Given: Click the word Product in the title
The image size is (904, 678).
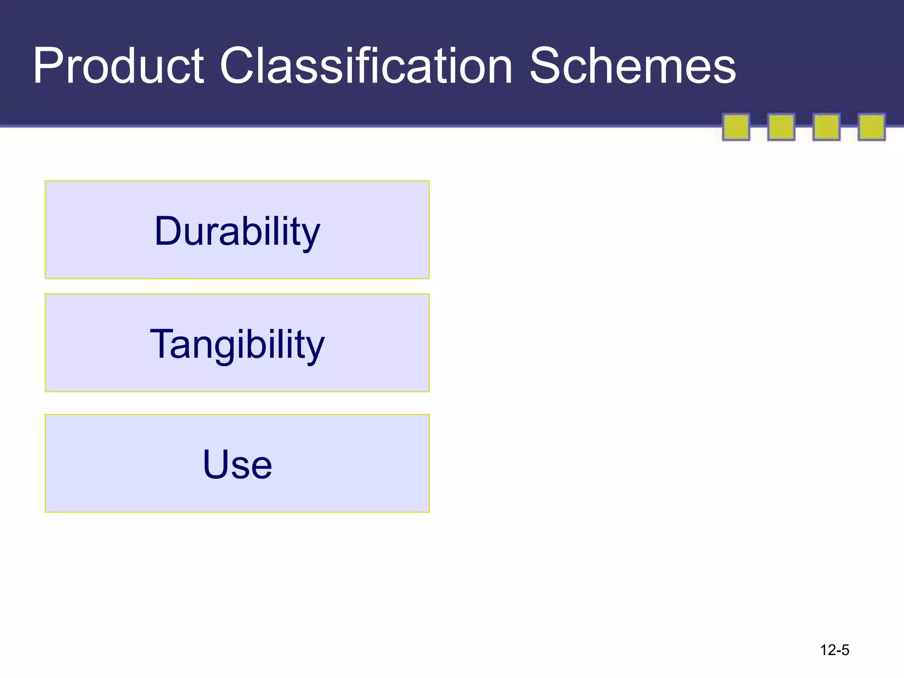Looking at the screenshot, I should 118,66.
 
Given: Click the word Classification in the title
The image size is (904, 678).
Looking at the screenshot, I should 366,66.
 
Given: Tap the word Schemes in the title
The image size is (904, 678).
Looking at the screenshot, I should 633,66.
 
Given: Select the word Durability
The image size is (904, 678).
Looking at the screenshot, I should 237,231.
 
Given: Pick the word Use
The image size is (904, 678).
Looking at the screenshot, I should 237,464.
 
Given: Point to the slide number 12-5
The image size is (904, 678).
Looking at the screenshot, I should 834,650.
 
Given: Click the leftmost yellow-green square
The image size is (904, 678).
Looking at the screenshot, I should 736,127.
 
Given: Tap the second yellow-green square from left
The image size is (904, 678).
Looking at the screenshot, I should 781,127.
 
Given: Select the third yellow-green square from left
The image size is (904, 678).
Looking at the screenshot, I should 826,127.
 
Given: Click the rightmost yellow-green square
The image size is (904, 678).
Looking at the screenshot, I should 871,127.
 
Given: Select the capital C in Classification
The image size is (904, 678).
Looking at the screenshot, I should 238,66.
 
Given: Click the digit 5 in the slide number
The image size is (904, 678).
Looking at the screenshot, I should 845,650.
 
